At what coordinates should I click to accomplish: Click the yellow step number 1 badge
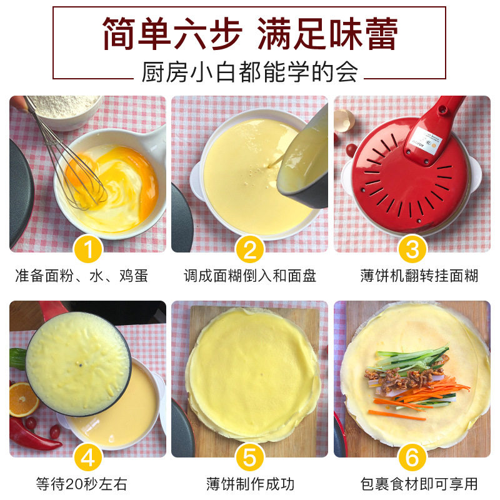tap(87, 249)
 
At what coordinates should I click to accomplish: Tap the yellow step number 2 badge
tap(249, 249)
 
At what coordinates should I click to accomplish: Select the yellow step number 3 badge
tap(412, 249)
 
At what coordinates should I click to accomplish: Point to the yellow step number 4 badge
tap(87, 457)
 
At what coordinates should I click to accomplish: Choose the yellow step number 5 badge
tap(249, 457)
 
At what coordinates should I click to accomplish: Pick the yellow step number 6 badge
tap(412, 457)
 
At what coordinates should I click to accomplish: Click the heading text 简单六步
tap(172, 34)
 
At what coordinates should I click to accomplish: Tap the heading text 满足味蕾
tap(327, 34)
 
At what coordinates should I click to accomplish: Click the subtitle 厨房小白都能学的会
tap(249, 72)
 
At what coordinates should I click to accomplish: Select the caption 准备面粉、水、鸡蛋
tap(82, 276)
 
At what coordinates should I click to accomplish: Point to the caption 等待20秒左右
tap(82, 484)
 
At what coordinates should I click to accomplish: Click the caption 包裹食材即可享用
tap(419, 484)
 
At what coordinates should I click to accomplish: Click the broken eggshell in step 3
tap(344, 120)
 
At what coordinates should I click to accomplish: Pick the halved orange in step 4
tap(23, 399)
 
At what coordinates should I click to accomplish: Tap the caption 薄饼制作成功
tap(251, 484)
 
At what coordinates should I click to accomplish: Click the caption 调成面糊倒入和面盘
tap(249, 276)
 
